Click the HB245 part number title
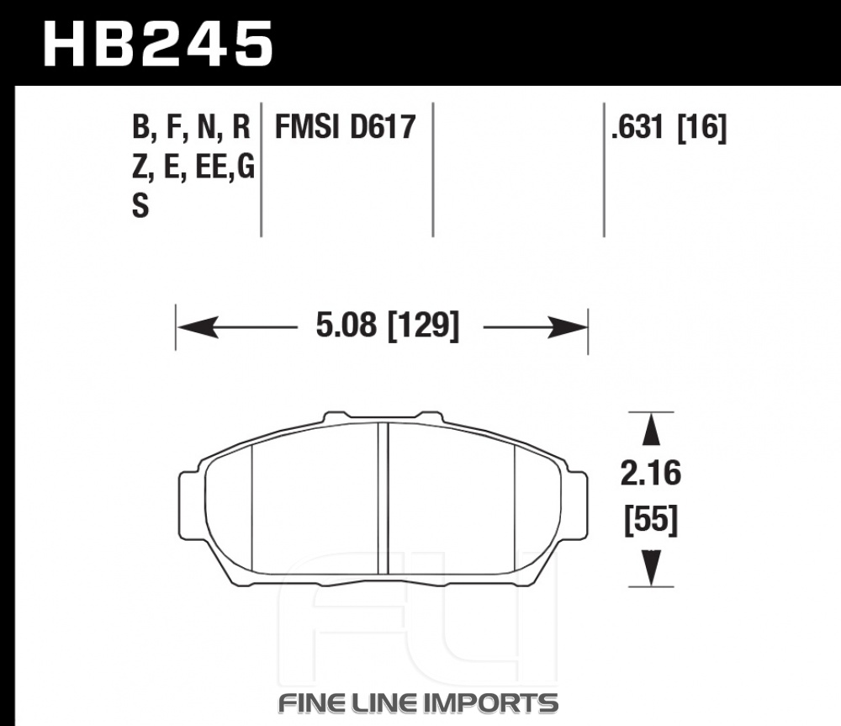click(x=158, y=44)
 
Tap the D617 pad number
click(x=383, y=127)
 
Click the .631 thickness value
click(x=637, y=128)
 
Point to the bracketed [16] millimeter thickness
click(x=702, y=128)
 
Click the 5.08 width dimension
click(x=346, y=326)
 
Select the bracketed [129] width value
click(x=423, y=326)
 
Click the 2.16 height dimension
click(x=651, y=474)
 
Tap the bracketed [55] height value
click(x=651, y=519)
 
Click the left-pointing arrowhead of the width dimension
click(x=198, y=326)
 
